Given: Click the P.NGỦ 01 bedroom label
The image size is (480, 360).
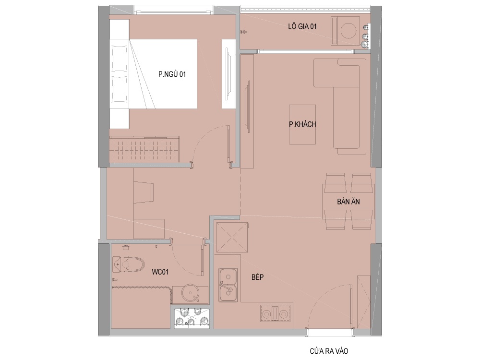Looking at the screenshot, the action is click(x=172, y=74).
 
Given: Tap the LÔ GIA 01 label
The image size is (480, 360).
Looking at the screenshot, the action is click(x=302, y=26).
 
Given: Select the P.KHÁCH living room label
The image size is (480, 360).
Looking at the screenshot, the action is click(x=302, y=124).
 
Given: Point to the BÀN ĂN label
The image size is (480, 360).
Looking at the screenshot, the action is click(x=348, y=202).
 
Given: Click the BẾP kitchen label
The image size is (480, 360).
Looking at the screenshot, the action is click(x=257, y=277).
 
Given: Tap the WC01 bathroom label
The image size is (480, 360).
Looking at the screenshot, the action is click(x=160, y=272).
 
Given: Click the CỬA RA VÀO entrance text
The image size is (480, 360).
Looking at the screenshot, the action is click(x=329, y=351).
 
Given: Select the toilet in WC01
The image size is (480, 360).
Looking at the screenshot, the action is click(x=128, y=264).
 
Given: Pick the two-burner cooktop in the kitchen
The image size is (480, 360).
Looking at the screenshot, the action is click(x=275, y=313).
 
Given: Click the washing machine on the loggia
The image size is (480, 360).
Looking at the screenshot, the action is click(x=345, y=31).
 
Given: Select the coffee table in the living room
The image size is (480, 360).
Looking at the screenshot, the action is click(x=302, y=124).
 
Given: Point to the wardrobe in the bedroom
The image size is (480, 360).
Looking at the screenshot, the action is click(x=144, y=149).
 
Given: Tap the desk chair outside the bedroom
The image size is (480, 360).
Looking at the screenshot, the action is click(x=144, y=192).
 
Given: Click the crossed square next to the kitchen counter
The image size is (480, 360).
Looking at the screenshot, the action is click(x=232, y=237).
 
